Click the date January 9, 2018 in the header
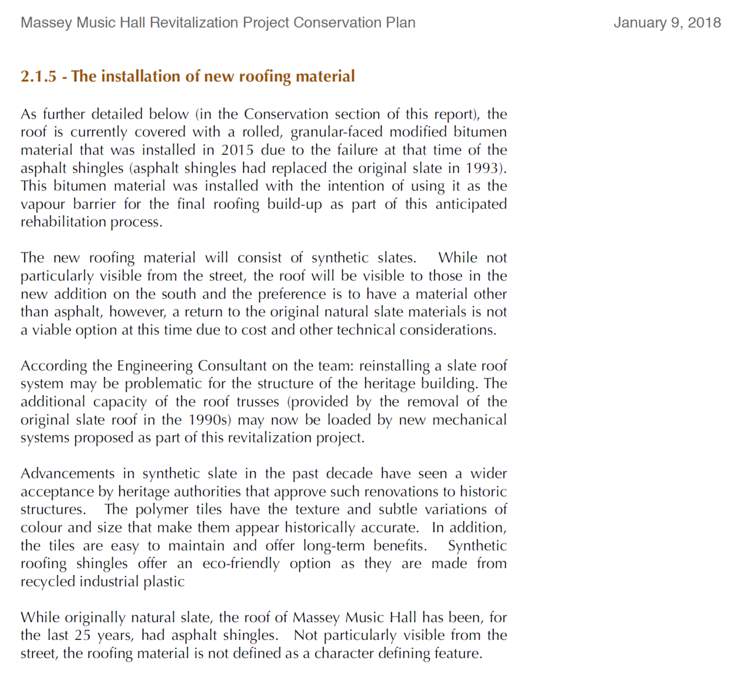667,23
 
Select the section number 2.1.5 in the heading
38,77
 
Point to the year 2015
238,150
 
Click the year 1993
484,168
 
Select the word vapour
42,204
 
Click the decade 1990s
209,420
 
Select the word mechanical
470,420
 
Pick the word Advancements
68,474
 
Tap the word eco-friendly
241,564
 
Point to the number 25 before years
83,635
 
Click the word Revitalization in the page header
189,23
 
